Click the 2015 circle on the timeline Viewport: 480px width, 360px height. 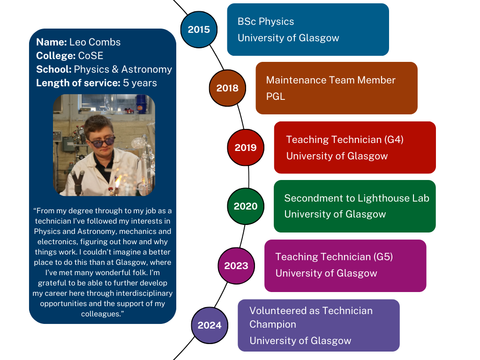click(199, 30)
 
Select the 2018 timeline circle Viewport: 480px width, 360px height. click(227, 88)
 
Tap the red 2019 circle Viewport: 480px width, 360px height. click(246, 147)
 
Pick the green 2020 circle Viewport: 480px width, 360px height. click(246, 206)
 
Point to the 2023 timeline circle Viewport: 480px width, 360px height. click(236, 265)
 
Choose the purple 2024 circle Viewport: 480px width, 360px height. click(210, 325)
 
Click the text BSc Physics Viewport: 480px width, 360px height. click(266, 22)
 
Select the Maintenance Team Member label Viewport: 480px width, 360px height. click(330, 80)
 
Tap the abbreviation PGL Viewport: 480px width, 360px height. click(276, 97)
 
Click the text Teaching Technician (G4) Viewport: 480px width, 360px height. click(345, 140)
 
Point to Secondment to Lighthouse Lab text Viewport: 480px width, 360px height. click(357, 198)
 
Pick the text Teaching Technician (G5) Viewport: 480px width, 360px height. click(334, 256)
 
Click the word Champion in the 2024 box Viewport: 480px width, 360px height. click(273, 324)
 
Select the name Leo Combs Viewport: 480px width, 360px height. click(95, 42)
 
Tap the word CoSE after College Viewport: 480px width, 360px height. click(90, 55)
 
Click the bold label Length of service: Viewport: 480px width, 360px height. click(78, 82)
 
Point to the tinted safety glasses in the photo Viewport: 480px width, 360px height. click(101, 142)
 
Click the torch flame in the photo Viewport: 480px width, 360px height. click(118, 180)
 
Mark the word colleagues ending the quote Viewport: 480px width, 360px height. click(101, 314)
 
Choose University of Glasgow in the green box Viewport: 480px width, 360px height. click(335, 214)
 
